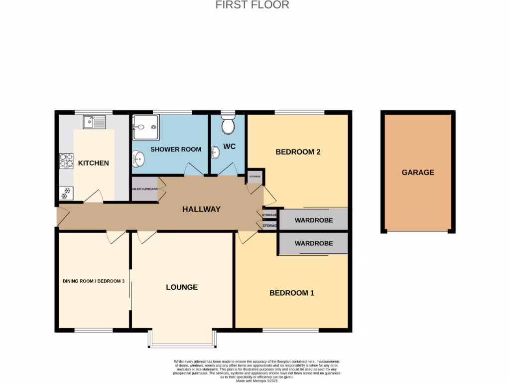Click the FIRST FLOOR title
[252, 5]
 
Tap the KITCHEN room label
[93, 163]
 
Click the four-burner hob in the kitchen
[66, 161]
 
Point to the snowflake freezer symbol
[65, 192]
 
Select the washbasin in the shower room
[138, 160]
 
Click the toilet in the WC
[228, 125]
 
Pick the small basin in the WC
[216, 152]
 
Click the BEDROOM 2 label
[298, 152]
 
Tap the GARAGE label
[418, 173]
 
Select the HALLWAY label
[201, 209]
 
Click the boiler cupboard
[145, 189]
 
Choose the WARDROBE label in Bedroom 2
[314, 220]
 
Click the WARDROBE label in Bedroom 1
[314, 244]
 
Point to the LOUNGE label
[182, 287]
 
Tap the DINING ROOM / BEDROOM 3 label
[93, 281]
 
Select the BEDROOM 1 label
[292, 293]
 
